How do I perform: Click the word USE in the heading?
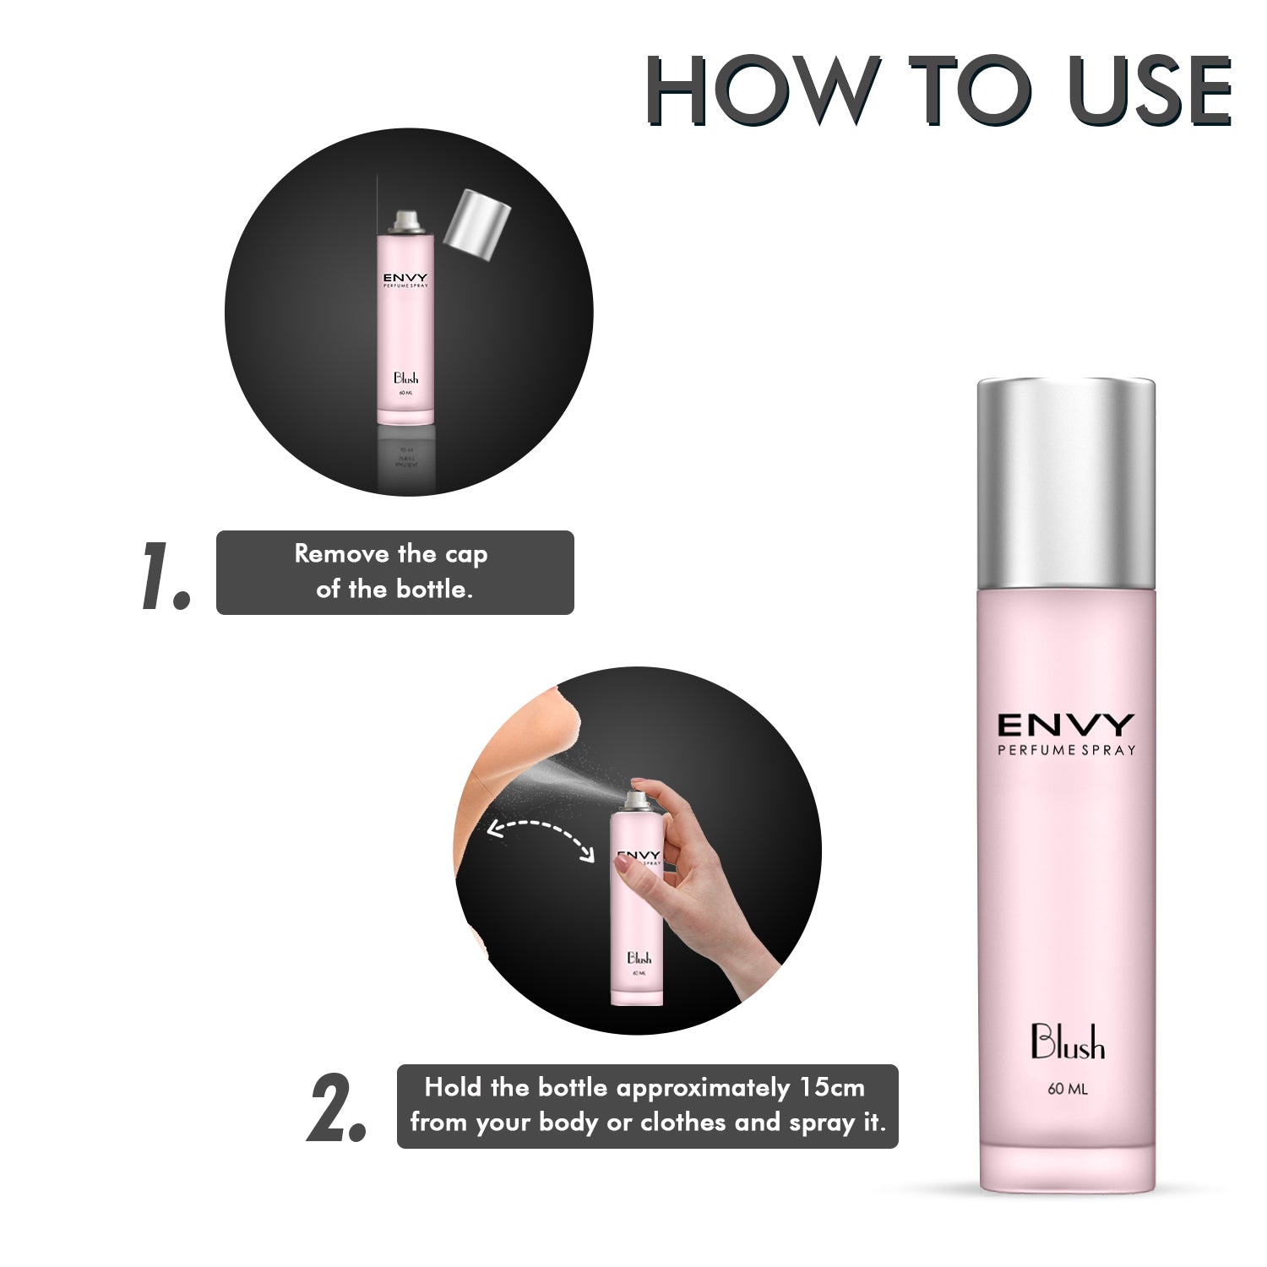click(1149, 90)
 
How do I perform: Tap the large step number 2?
click(336, 1108)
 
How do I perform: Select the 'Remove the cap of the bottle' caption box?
click(394, 572)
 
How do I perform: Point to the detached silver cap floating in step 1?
click(477, 225)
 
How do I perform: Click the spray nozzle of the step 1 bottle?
click(405, 220)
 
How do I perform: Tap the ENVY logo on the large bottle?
click(1066, 725)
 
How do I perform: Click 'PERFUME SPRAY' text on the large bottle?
click(1066, 750)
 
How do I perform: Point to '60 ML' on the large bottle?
click(1068, 1089)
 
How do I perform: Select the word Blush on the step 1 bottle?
click(405, 378)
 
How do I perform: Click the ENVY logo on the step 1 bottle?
click(405, 278)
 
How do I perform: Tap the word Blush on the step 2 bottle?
click(639, 958)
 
